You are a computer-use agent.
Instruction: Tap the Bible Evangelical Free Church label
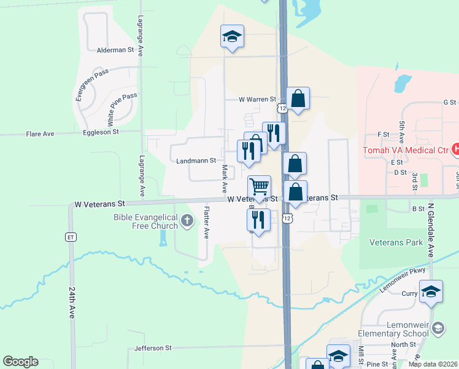[145, 221]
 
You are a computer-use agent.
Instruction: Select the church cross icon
[187, 218]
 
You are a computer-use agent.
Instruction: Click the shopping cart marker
[259, 186]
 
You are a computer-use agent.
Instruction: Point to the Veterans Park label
[396, 242]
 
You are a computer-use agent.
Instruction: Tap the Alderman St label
[115, 50]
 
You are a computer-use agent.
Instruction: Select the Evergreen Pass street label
[91, 85]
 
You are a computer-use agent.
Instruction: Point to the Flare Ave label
[40, 133]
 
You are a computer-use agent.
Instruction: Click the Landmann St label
[196, 161]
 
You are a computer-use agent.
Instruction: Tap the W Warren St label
[258, 99]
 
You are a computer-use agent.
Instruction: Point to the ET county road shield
[71, 237]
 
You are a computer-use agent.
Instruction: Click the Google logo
[20, 362]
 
